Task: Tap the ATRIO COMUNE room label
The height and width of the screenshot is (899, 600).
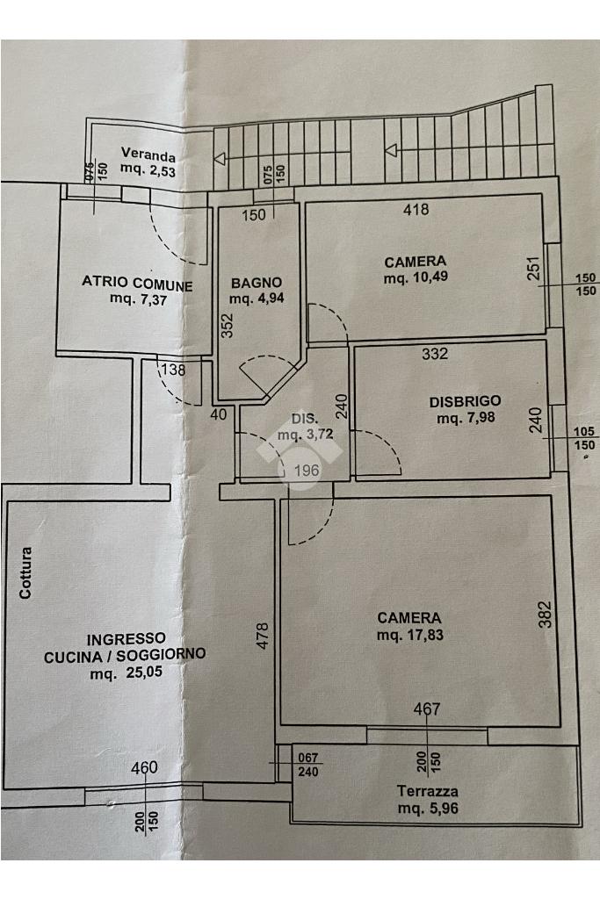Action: click(x=136, y=284)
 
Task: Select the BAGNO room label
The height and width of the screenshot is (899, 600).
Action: click(x=257, y=283)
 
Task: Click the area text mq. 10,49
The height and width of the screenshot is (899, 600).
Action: click(x=416, y=278)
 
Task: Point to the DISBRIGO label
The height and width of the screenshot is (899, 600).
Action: click(x=466, y=401)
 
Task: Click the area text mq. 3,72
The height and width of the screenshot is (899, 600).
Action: click(x=303, y=435)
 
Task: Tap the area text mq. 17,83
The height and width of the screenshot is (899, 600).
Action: click(x=408, y=635)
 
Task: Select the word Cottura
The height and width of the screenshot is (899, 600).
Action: click(x=26, y=573)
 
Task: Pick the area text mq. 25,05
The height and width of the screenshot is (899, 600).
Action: click(x=125, y=674)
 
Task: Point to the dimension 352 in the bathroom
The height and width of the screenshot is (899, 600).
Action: click(x=227, y=326)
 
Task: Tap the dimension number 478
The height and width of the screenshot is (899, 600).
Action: click(x=260, y=636)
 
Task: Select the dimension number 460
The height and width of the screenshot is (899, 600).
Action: click(x=143, y=769)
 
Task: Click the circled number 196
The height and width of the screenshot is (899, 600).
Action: click(x=305, y=471)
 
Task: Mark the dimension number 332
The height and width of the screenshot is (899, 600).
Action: click(x=435, y=354)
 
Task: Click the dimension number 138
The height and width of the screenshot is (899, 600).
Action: click(x=173, y=370)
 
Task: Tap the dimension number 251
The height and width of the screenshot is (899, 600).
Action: click(x=533, y=269)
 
